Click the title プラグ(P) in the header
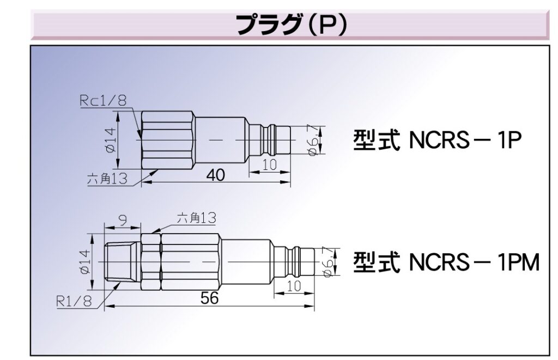(291, 24)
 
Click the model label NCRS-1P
(438, 141)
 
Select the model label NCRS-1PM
(446, 262)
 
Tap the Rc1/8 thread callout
(102, 100)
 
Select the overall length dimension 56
(209, 297)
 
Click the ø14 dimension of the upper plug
(112, 141)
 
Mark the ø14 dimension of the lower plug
(85, 262)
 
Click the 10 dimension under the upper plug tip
(269, 165)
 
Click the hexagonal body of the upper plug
(168, 141)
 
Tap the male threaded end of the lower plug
(123, 262)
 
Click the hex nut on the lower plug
(151, 262)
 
